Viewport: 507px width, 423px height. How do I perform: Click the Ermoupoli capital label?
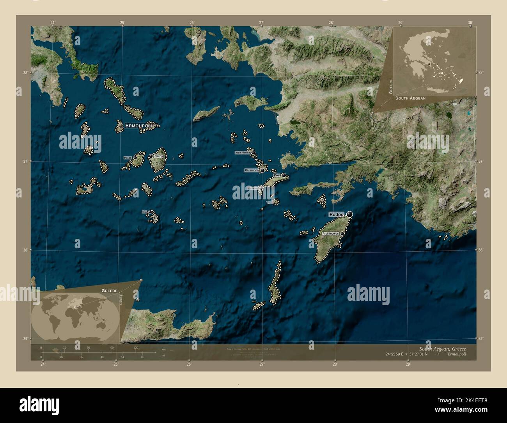[x=138, y=126]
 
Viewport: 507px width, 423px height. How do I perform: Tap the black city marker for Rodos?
[x=349, y=214]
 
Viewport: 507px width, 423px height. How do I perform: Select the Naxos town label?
[x=158, y=156]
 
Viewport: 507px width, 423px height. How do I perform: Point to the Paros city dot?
[x=135, y=158]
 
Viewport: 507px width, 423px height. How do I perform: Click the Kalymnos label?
[x=252, y=171]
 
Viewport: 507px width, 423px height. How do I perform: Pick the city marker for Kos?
[x=284, y=175]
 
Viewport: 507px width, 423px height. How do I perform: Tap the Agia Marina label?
[x=242, y=153]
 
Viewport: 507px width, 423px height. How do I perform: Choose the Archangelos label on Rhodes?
[x=330, y=233]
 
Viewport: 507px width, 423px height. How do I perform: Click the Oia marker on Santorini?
[x=150, y=212]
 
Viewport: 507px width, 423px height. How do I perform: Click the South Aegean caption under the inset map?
[x=410, y=98]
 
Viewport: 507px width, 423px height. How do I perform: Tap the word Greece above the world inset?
[x=109, y=291]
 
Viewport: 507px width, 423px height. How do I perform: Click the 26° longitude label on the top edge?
[x=191, y=23]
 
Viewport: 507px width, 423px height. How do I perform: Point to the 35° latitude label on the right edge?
[x=480, y=338]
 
